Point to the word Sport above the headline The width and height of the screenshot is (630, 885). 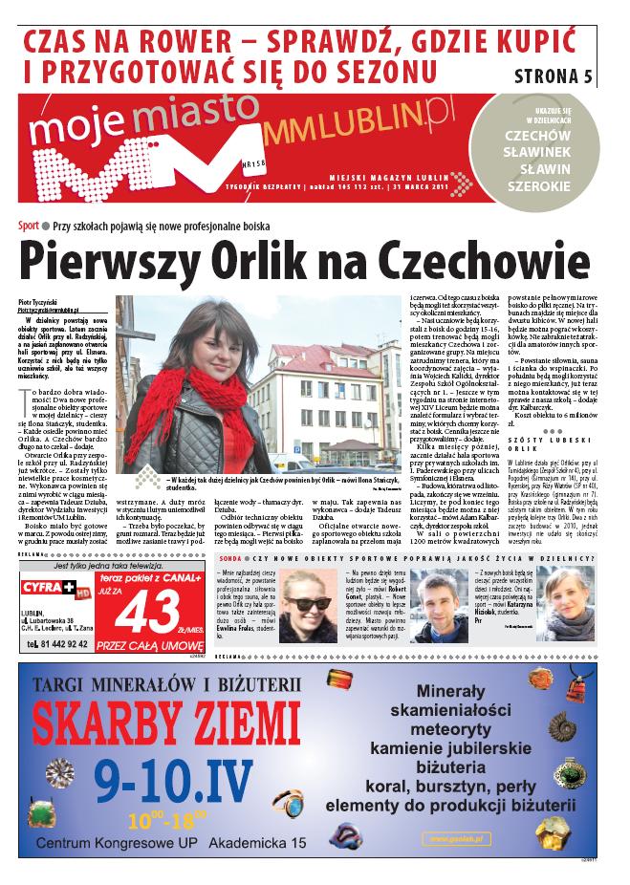tap(28, 226)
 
